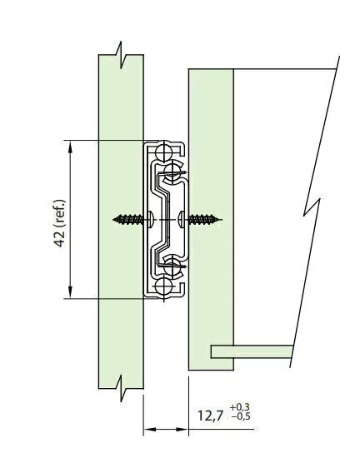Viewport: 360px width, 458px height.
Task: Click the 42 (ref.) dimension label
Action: coord(60,223)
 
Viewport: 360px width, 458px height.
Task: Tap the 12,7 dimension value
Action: coord(210,416)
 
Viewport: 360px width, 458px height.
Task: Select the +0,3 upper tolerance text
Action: coord(240,407)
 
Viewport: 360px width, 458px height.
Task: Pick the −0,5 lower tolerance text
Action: coord(241,416)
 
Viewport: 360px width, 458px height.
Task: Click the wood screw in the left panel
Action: coord(132,219)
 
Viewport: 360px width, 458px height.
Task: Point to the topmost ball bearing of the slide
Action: coord(163,152)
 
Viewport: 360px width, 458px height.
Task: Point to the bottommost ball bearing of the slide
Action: coord(163,286)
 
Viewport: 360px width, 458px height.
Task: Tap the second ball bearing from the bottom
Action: coord(172,267)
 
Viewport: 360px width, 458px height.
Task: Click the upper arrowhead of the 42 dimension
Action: coord(70,147)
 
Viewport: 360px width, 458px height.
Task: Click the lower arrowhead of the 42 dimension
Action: coord(70,292)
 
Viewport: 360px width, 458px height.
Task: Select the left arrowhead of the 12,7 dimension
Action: coord(149,430)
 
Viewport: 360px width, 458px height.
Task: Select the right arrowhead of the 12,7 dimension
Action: coord(182,430)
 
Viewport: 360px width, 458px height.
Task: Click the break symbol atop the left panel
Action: coord(121,55)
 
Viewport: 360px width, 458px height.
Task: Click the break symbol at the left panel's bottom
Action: coord(121,389)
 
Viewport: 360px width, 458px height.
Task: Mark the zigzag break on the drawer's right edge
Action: coord(312,207)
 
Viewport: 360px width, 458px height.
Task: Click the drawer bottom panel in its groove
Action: coord(252,351)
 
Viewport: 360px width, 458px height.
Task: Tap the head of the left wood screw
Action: coord(149,219)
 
